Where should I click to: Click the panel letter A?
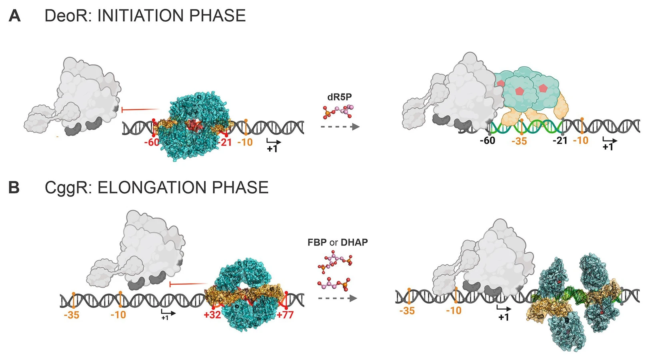15,16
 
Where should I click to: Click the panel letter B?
14,187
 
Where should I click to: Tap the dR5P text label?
340,97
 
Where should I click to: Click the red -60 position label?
152,142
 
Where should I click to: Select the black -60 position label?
488,141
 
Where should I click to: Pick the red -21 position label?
225,142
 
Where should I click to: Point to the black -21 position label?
560,141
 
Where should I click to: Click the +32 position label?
212,315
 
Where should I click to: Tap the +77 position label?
285,315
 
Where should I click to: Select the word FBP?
317,242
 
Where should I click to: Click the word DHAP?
354,242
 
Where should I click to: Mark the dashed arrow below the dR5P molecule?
340,127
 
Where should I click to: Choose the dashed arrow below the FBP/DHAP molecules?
337,298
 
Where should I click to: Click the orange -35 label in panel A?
519,141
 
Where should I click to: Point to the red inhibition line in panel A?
140,109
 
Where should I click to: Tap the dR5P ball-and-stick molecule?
338,112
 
